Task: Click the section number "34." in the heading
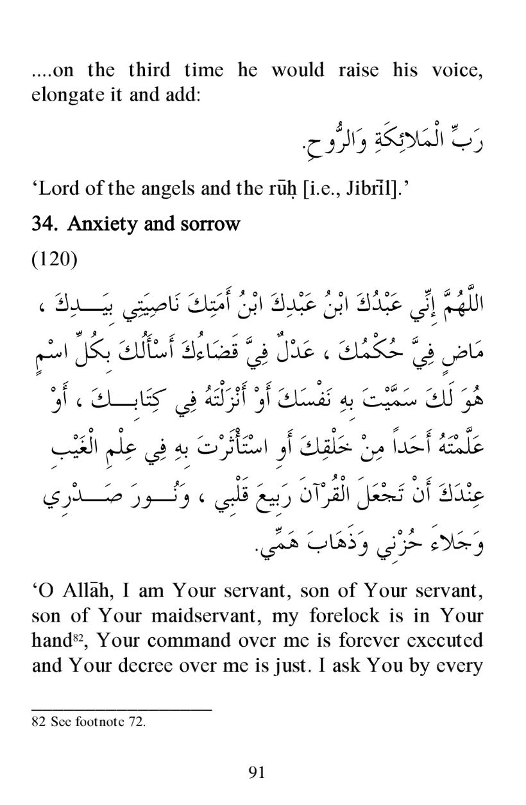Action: pos(44,224)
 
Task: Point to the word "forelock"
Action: pos(335,616)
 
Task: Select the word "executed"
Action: pos(447,640)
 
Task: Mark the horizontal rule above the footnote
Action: pos(121,708)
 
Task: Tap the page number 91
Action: pos(257,772)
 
